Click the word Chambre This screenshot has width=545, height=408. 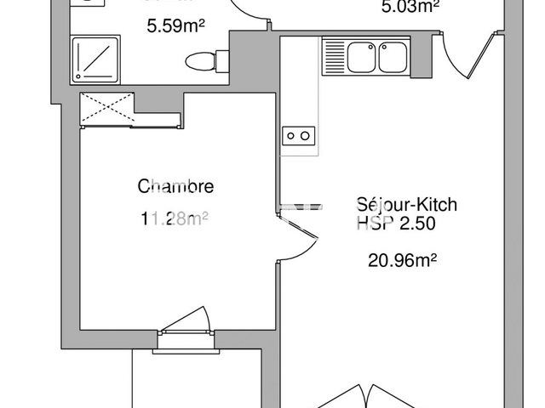coord(175,187)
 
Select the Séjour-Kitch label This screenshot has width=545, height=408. coord(407,205)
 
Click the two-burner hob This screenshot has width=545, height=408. coord(299,134)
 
